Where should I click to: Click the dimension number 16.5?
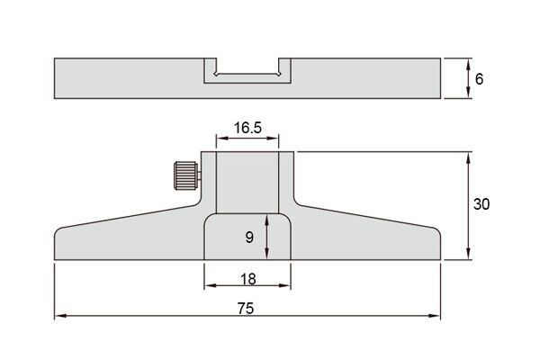247,128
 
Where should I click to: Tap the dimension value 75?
246,309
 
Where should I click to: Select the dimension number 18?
248,279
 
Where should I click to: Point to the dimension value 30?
481,204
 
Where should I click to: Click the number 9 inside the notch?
249,237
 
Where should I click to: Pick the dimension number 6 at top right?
479,79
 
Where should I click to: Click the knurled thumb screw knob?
186,175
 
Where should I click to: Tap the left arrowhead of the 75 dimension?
60,316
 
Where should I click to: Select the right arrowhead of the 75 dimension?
435,316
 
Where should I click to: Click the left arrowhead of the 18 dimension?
210,285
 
